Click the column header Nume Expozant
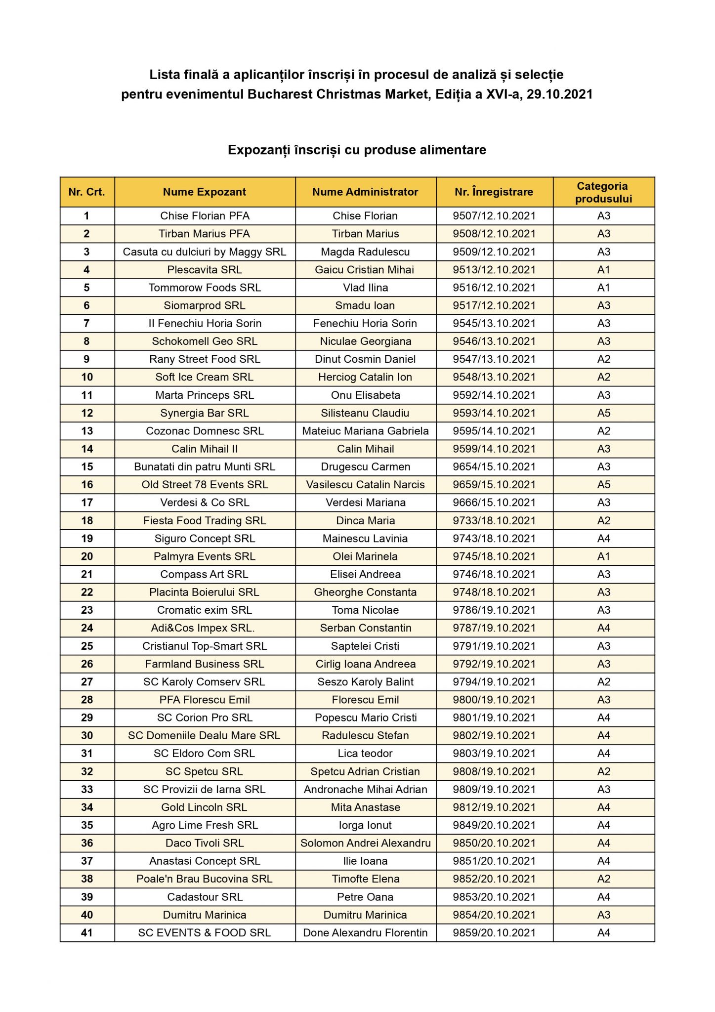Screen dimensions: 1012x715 coord(205,192)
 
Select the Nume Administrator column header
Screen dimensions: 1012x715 coord(365,192)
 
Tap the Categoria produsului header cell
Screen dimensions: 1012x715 coord(603,192)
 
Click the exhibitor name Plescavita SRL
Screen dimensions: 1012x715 coord(205,270)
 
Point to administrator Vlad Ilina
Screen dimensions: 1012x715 coord(365,288)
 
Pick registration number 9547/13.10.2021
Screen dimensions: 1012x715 coord(494,359)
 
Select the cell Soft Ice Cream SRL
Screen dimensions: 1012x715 coord(205,377)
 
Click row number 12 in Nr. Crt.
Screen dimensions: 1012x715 coord(87,413)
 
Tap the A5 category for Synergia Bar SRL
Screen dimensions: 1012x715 coord(603,413)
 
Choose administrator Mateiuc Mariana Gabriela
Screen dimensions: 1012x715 coord(365,431)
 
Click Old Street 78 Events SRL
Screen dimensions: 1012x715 coord(205,485)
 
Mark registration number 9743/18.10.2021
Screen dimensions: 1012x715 coord(494,539)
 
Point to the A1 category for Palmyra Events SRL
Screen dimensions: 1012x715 coord(603,556)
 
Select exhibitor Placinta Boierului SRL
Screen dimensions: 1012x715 coord(205,592)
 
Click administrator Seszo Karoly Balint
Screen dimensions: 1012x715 coord(365,682)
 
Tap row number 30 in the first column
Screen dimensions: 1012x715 coord(87,735)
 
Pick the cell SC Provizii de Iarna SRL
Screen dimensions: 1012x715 coord(205,789)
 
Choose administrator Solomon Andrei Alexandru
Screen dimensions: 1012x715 coord(365,843)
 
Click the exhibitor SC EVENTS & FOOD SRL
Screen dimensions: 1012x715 coord(205,932)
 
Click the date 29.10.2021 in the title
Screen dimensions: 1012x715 coord(559,94)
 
